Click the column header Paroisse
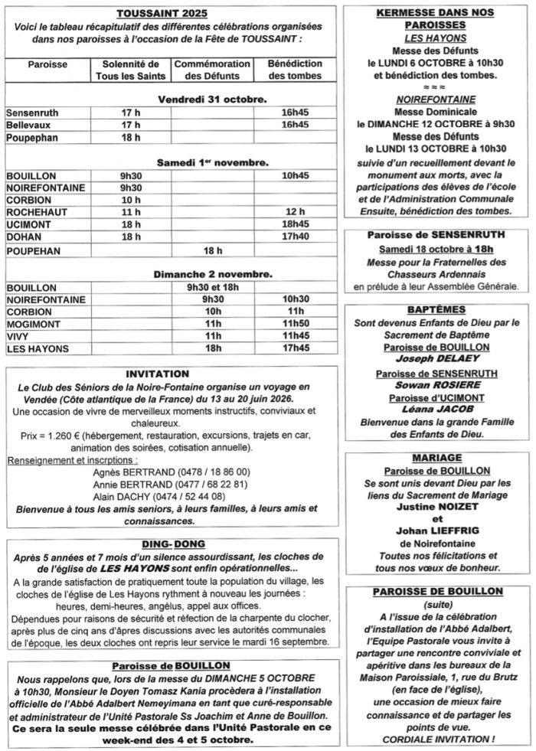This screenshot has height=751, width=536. tap(47, 64)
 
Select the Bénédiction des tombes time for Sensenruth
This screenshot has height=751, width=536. tap(295, 113)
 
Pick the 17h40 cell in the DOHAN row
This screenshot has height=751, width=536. tap(295, 237)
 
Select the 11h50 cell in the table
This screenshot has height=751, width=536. tap(295, 324)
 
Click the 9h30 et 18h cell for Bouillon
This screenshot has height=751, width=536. tap(212, 287)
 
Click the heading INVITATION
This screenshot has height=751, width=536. tap(158, 374)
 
